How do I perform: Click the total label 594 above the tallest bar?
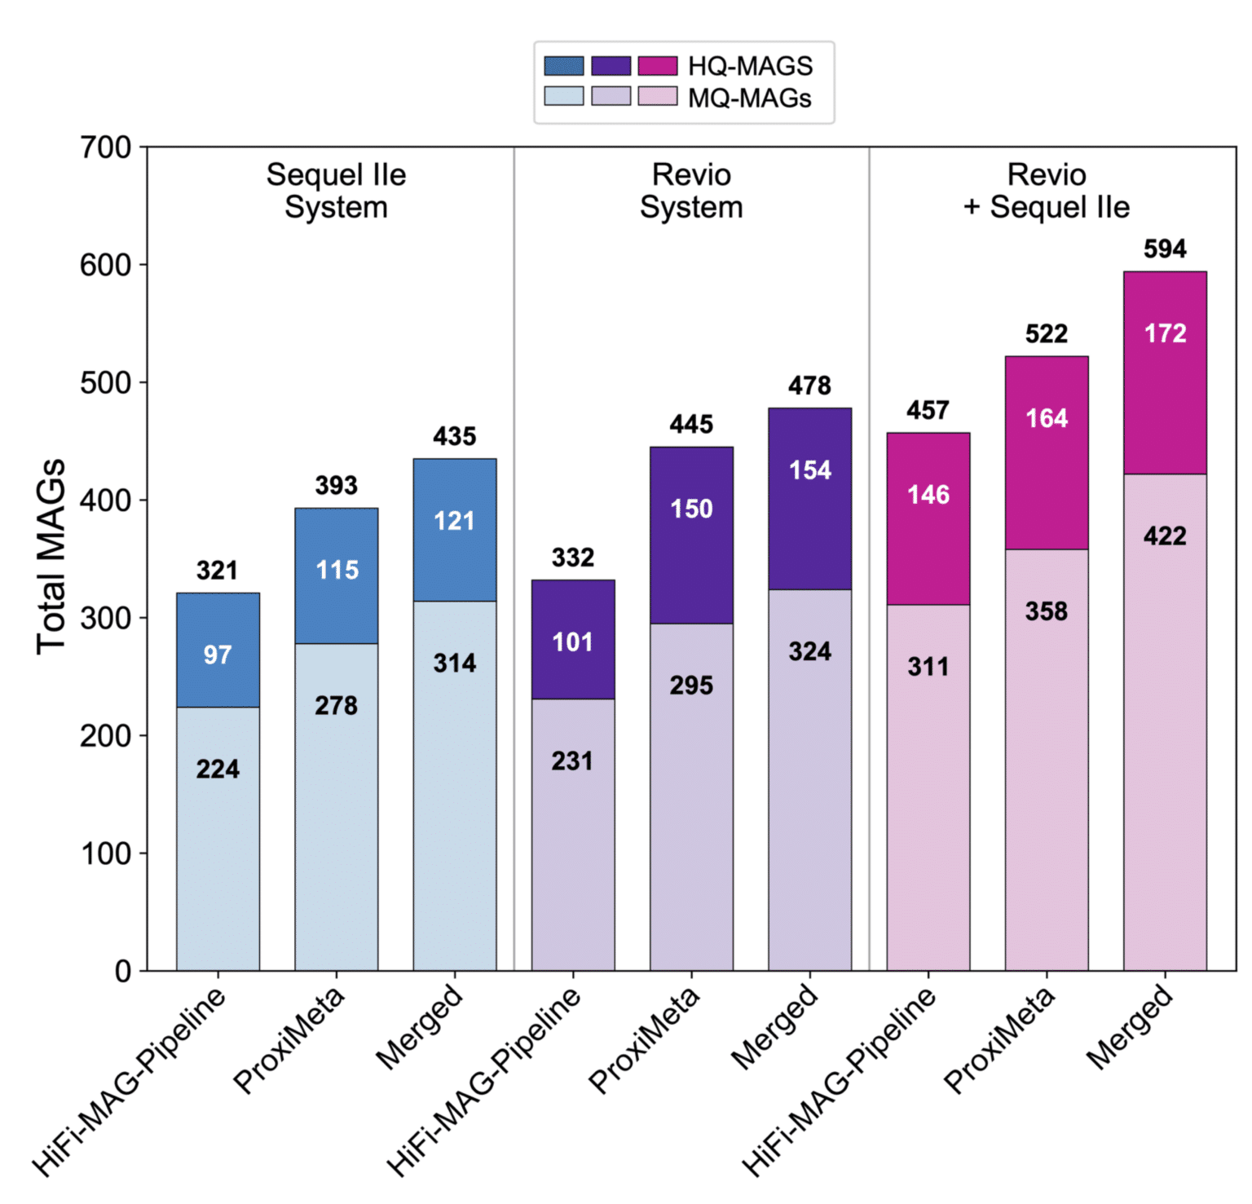click(1164, 249)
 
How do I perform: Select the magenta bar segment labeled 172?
click(1164, 372)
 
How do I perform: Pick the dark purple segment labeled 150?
click(691, 535)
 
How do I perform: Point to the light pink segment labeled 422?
click(1164, 721)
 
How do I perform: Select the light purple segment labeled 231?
click(572, 834)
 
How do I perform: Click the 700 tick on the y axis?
click(105, 148)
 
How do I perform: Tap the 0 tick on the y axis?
click(122, 971)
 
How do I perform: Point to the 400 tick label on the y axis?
click(105, 501)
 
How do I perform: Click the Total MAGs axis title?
click(51, 557)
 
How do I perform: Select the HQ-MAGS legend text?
click(750, 66)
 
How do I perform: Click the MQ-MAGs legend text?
click(749, 98)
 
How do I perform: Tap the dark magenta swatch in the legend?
click(657, 65)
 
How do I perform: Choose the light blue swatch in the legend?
click(564, 96)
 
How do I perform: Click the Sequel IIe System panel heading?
click(336, 191)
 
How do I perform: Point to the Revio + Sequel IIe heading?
click(1047, 191)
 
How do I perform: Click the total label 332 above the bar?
click(572, 558)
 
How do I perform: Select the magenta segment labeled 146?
click(928, 518)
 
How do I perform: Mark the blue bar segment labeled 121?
click(454, 530)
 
